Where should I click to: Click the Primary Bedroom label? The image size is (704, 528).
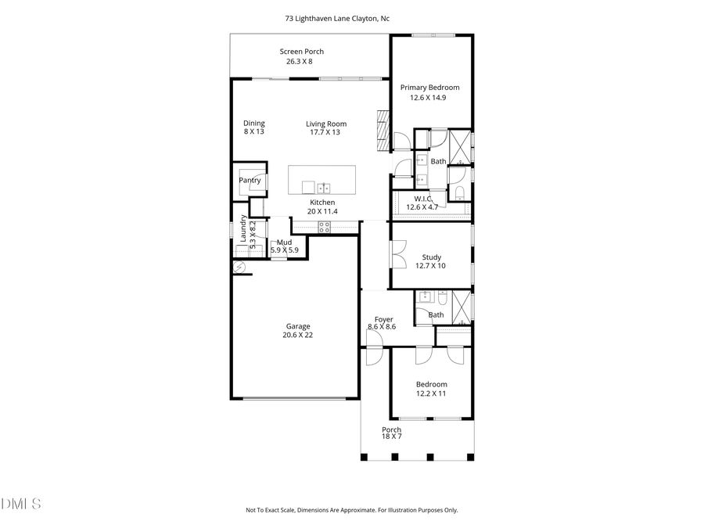tap(429, 88)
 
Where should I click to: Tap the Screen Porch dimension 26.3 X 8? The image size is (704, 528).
tap(301, 61)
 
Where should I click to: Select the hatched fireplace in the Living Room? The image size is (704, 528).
tap(383, 130)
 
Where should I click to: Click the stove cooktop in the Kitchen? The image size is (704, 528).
tap(325, 227)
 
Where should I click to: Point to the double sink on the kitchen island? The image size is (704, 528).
tap(324, 188)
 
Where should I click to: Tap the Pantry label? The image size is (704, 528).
tap(250, 181)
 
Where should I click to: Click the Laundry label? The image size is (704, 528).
tap(243, 228)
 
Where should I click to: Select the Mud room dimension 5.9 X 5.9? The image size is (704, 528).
tap(285, 250)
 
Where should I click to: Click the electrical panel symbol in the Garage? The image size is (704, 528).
tap(239, 268)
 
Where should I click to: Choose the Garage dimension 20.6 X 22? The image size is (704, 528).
tap(297, 335)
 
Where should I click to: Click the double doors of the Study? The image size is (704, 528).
tap(397, 254)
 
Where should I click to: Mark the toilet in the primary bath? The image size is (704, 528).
tap(459, 193)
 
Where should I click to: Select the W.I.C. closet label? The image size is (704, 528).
tap(422, 199)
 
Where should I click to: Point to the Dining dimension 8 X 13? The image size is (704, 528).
tap(253, 131)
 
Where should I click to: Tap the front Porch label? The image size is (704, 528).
tap(391, 430)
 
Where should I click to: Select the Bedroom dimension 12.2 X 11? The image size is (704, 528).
tap(431, 393)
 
